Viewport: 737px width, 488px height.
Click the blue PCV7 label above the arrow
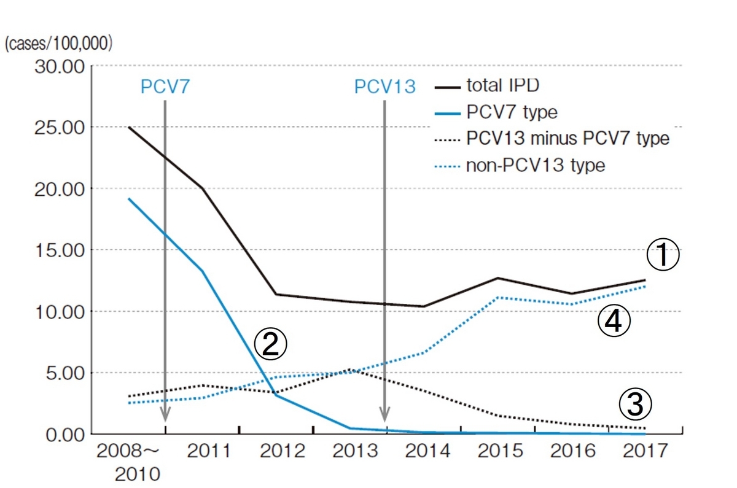[x=165, y=87]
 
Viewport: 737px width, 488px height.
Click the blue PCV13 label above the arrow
[x=384, y=87]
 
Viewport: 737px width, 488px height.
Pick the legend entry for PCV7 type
[x=511, y=112]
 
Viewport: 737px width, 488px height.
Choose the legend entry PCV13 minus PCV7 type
[x=567, y=138]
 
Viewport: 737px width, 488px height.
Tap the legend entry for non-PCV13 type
[x=536, y=165]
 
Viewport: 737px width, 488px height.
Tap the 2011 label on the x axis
[x=209, y=452]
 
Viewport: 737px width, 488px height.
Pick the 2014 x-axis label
[x=427, y=452]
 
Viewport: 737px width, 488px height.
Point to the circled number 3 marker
[x=634, y=404]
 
